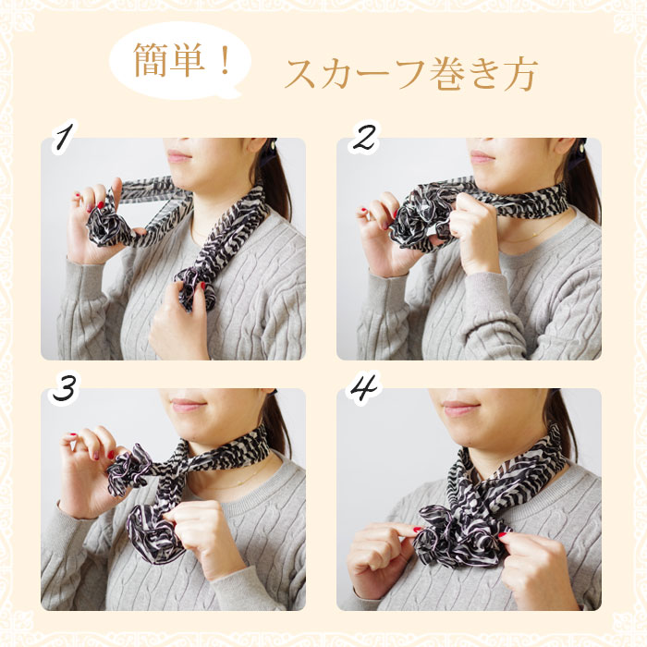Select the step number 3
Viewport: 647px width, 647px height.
(64, 389)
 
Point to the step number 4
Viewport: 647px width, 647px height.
(363, 388)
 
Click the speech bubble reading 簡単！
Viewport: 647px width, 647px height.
(180, 61)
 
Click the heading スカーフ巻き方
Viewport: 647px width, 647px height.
(411, 73)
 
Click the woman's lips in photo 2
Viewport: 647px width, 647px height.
(482, 156)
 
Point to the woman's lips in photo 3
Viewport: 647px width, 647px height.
(185, 406)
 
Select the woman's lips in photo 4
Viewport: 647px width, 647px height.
(458, 409)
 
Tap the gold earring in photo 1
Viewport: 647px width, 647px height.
(274, 144)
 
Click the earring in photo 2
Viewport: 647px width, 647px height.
(582, 146)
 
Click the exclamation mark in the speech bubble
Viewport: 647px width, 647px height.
(225, 61)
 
